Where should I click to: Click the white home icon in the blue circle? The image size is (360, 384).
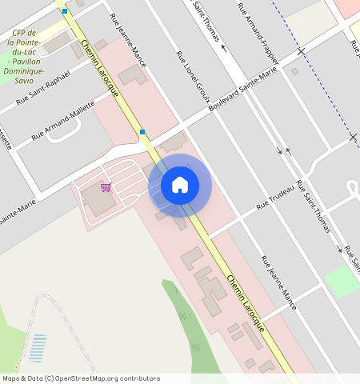[x=180, y=185]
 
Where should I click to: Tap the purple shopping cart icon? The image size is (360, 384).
[x=106, y=187]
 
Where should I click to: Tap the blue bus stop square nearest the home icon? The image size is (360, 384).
[x=142, y=131]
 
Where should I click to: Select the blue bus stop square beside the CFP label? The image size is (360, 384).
[x=64, y=11]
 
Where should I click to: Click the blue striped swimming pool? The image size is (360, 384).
[x=37, y=348]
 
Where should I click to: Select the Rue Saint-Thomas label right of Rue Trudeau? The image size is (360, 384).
[x=313, y=206]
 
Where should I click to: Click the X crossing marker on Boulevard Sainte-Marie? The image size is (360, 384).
[x=301, y=51]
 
